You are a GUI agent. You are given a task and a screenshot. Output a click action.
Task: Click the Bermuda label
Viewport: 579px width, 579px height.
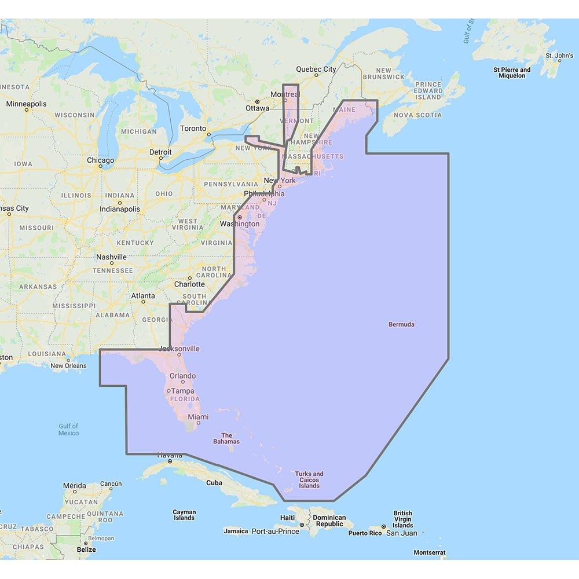coord(401,325)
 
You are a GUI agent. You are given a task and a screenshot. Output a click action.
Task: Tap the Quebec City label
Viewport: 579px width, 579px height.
coord(316,69)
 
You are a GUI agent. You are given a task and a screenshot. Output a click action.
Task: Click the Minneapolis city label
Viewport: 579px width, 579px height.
coord(27,104)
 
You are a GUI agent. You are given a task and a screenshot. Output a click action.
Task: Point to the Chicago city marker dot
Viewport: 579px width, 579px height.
coord(101,167)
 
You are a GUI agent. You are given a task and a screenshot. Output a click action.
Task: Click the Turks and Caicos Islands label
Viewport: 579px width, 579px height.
coord(309,480)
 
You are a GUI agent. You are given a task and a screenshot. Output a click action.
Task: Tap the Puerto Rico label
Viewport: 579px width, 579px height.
coord(365,533)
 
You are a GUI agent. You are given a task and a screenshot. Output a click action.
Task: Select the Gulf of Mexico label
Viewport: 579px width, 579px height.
coord(68,430)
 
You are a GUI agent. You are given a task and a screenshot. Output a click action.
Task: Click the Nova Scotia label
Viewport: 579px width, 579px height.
coord(417,115)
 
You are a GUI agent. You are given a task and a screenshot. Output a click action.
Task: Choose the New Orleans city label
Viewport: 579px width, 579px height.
coord(68,365)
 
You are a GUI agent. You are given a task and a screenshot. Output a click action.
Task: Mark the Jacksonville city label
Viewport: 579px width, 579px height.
coord(179,349)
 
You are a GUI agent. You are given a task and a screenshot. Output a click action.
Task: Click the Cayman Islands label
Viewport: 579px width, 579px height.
coord(184,515)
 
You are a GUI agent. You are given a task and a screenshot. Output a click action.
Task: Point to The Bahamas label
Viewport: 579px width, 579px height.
coord(227,438)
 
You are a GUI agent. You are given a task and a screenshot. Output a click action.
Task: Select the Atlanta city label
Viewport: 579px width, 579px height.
coord(142,296)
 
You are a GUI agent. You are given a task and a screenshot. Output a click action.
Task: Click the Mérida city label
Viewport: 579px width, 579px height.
coord(75,486)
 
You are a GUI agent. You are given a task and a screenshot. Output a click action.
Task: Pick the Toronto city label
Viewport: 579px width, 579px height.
coord(193,129)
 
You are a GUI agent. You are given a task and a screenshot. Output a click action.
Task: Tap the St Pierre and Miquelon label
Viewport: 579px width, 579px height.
coord(512,72)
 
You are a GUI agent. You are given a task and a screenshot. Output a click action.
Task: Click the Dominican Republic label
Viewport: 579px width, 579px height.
coord(329,521)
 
